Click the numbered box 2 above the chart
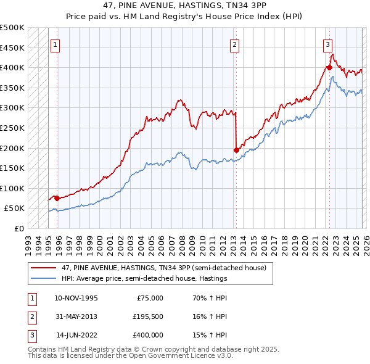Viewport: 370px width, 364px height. tap(235, 44)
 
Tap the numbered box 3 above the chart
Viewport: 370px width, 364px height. tap(327, 44)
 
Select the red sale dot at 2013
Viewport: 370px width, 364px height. tap(236, 149)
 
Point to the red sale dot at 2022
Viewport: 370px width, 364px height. tap(329, 67)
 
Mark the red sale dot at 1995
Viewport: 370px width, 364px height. tap(57, 198)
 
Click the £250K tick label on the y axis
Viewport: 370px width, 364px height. tap(12, 128)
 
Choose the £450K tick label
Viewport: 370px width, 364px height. tap(12, 48)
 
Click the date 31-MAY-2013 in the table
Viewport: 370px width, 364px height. tap(76, 316)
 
